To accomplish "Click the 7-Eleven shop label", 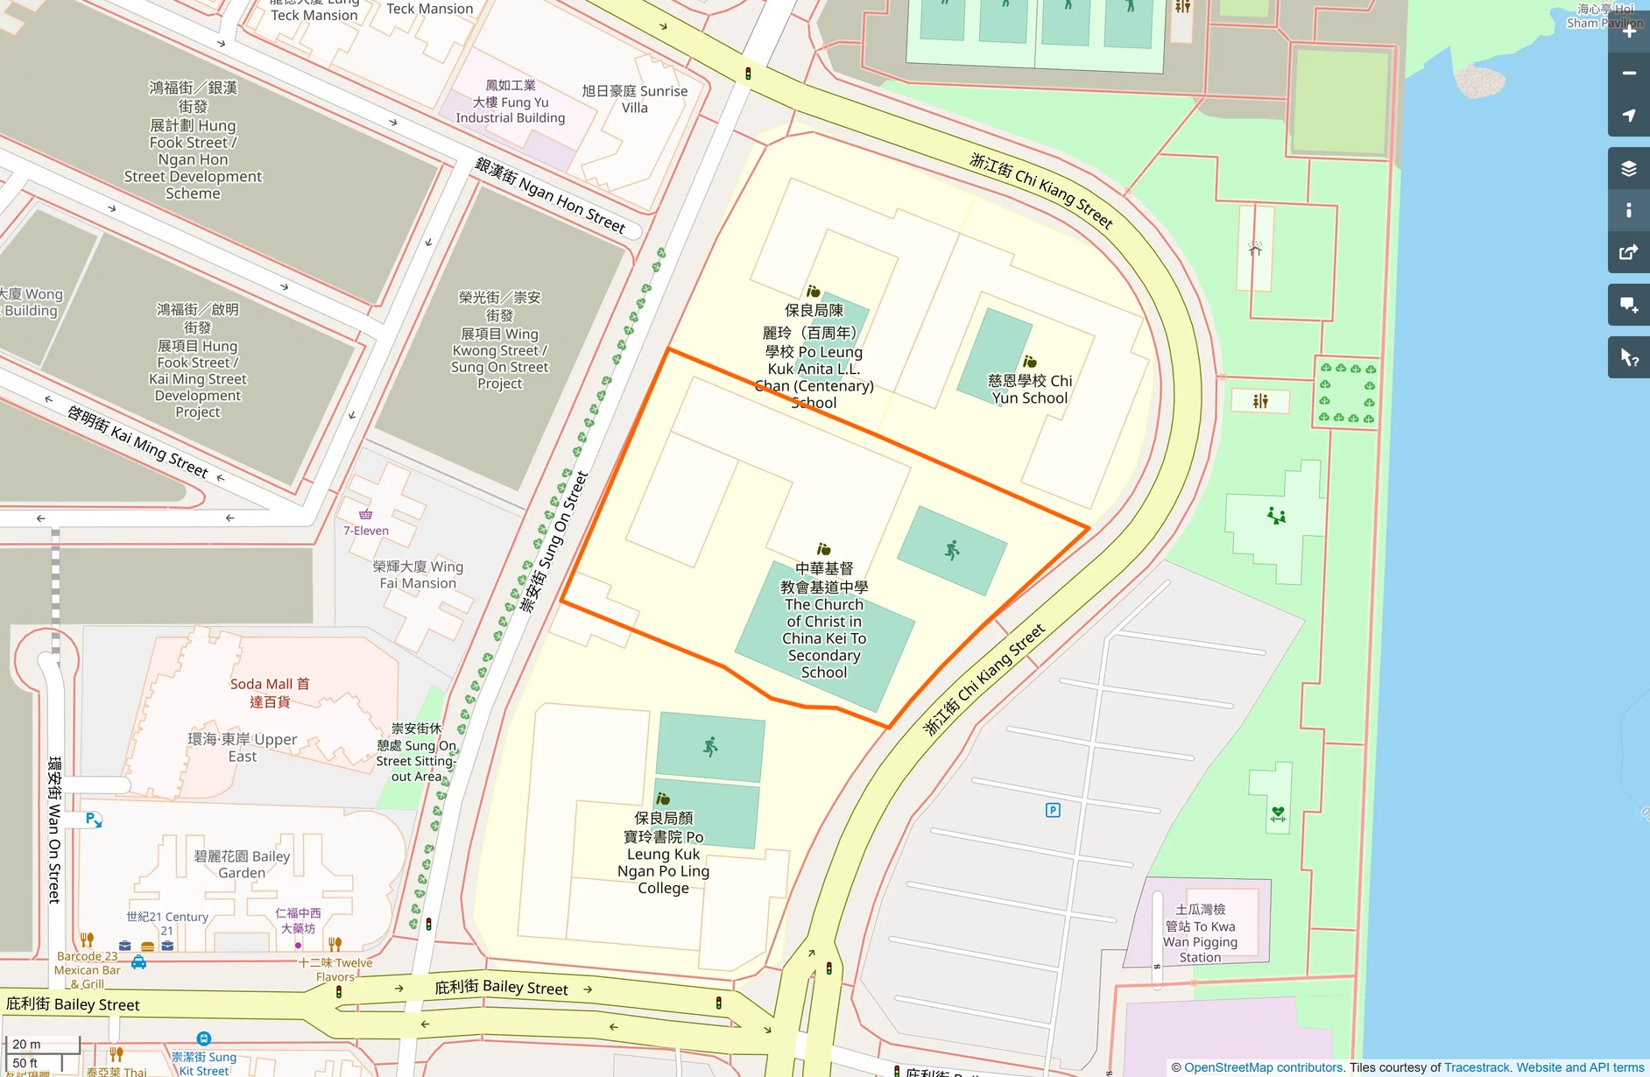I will pyautogui.click(x=366, y=531).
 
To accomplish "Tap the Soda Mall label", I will pyautogui.click(x=270, y=693).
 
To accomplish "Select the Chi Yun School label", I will pyautogui.click(x=1030, y=390).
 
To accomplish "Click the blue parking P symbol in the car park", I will pyautogui.click(x=1053, y=810).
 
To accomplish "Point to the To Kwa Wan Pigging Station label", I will pyautogui.click(x=1200, y=933).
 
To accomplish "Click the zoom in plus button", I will pyautogui.click(x=1629, y=32).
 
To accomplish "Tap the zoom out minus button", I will pyautogui.click(x=1629, y=74).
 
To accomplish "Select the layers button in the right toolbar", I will pyautogui.click(x=1629, y=168).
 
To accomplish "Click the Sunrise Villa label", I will pyautogui.click(x=635, y=99).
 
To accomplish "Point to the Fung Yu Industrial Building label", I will pyautogui.click(x=511, y=102).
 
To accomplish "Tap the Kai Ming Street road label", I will pyautogui.click(x=137, y=441).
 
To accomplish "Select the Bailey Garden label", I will pyautogui.click(x=242, y=864).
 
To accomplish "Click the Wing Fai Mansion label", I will pyautogui.click(x=418, y=574).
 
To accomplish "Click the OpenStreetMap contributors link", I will pyautogui.click(x=1263, y=1067).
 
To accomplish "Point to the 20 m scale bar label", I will pyautogui.click(x=26, y=1044).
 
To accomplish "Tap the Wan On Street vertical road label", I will pyautogui.click(x=54, y=829).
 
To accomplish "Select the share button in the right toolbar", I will pyautogui.click(x=1629, y=252).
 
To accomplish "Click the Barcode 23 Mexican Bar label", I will pyautogui.click(x=88, y=969).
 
